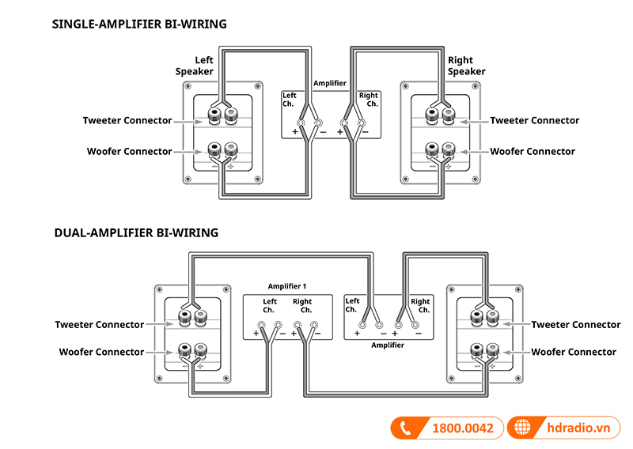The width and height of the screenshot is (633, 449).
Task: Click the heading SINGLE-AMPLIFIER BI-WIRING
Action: (x=139, y=25)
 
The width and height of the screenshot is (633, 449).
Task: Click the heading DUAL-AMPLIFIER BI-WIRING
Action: (x=135, y=233)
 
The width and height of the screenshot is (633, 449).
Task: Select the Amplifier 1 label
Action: (x=286, y=286)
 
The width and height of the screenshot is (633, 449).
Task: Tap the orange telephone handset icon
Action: (x=407, y=428)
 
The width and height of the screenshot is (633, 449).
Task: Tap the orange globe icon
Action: (x=521, y=428)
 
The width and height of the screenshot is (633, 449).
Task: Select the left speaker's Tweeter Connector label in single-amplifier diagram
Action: (x=127, y=121)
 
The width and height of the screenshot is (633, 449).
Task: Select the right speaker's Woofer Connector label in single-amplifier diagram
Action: (x=533, y=151)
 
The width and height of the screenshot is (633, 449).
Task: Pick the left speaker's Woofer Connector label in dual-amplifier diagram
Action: (x=101, y=352)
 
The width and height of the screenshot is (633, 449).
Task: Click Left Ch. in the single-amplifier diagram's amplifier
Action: (x=290, y=100)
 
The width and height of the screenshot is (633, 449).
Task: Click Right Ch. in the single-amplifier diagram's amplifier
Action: (x=369, y=100)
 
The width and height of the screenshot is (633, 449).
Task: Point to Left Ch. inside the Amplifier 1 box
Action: (x=270, y=306)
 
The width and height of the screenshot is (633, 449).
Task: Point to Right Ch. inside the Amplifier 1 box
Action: (x=302, y=306)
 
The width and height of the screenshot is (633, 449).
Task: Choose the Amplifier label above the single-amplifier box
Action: (x=329, y=82)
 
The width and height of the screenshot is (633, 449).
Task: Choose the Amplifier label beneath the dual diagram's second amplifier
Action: (x=388, y=345)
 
